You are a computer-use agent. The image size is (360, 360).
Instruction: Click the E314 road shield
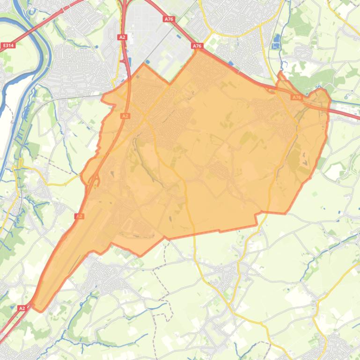(x=8, y=45)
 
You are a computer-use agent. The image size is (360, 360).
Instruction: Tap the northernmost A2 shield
(x=122, y=37)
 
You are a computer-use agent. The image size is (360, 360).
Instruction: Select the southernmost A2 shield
(x=22, y=308)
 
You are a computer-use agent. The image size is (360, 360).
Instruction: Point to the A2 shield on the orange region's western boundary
(x=79, y=216)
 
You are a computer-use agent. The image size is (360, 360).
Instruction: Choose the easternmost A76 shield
(x=296, y=97)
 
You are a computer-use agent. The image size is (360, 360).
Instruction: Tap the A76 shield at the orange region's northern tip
(x=197, y=46)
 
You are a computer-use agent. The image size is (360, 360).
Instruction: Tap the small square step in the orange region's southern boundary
(x=257, y=218)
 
